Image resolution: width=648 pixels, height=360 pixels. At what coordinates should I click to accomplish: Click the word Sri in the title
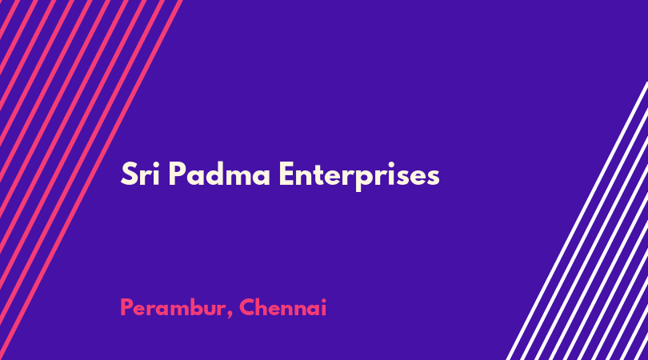coord(140,174)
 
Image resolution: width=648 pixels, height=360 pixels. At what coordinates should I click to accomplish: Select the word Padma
coord(219,174)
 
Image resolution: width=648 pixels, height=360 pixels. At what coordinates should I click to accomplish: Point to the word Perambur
coord(173,308)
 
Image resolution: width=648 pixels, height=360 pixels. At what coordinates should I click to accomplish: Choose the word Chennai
coord(282,308)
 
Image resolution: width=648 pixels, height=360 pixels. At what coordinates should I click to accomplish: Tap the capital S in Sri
coord(129,174)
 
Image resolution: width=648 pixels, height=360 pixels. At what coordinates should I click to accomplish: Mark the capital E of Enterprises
coord(287,174)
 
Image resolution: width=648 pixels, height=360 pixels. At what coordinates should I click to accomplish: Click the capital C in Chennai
coord(247,308)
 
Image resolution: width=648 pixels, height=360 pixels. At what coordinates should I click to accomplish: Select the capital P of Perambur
coord(126,308)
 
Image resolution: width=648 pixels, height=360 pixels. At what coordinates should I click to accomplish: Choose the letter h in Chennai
coord(263,307)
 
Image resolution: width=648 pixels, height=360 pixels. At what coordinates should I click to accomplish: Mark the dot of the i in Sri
coord(156,164)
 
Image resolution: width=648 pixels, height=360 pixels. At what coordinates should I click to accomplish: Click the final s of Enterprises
coord(432,178)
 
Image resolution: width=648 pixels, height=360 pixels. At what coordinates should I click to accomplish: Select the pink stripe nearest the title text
coord(90,180)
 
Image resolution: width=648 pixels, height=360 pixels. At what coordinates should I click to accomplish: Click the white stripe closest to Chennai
coord(578,221)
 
